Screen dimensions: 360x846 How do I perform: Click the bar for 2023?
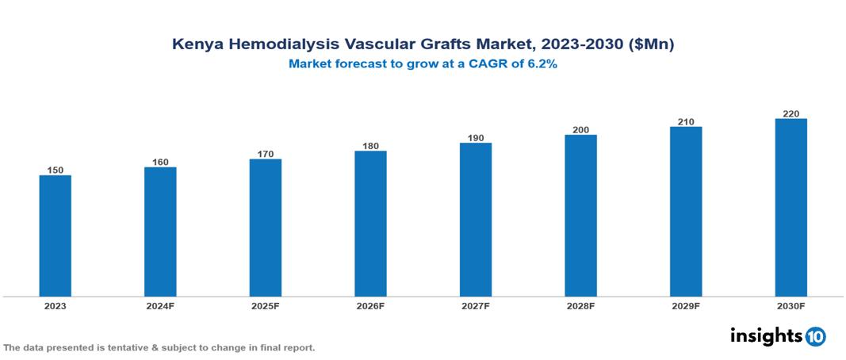click(56, 236)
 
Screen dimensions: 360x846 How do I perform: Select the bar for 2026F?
click(370, 224)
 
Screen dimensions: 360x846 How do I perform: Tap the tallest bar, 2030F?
click(790, 208)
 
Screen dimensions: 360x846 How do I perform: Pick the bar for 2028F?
click(580, 216)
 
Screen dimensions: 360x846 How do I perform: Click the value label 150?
click(56, 170)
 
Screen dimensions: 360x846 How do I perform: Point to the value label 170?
click(266, 154)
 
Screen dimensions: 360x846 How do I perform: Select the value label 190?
click(476, 138)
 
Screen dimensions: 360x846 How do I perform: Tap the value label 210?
click(686, 121)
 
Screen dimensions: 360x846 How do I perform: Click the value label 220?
click(790, 113)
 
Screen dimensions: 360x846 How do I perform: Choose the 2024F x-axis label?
click(160, 306)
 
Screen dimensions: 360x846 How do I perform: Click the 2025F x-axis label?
click(266, 306)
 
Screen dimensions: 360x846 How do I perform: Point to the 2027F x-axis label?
click(476, 306)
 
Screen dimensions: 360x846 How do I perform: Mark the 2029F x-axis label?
click(686, 306)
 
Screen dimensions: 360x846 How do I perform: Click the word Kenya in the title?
click(194, 45)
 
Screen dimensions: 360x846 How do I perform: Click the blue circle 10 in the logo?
click(815, 336)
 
